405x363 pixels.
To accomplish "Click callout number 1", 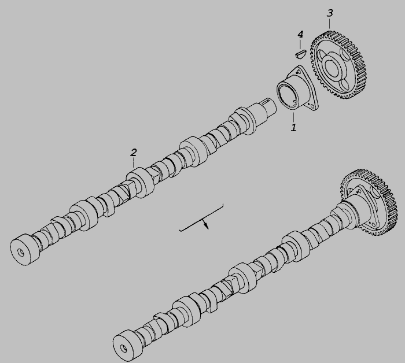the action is pyautogui.click(x=293, y=127).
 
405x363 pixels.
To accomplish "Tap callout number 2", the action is pyautogui.click(x=133, y=153).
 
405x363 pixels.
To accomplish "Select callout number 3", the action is pyautogui.click(x=330, y=13).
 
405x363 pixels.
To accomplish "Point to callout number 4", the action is pyautogui.click(x=300, y=34).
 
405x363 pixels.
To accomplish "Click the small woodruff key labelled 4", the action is pyautogui.click(x=300, y=54).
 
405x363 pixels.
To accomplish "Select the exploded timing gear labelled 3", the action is pyautogui.click(x=340, y=65).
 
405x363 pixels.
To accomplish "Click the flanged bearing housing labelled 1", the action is pyautogui.click(x=297, y=89).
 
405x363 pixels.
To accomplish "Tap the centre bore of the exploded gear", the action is pyautogui.click(x=332, y=66).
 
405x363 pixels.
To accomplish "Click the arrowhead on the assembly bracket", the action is pyautogui.click(x=206, y=226).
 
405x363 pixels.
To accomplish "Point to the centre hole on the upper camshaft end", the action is pyautogui.click(x=21, y=252).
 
